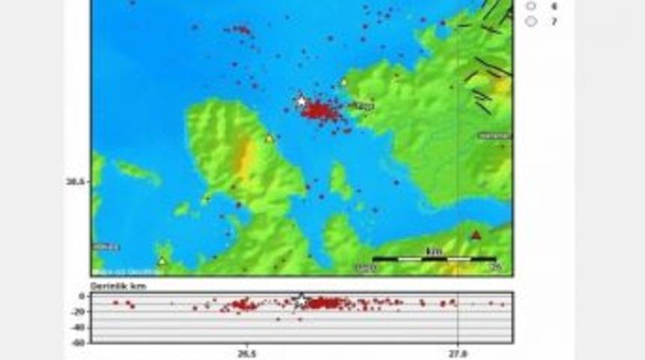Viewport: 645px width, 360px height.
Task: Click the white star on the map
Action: click(301, 100)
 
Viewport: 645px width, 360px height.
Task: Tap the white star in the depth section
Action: click(301, 298)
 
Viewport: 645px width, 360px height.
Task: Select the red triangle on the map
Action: click(475, 235)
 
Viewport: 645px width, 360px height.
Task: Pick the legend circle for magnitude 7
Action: click(532, 21)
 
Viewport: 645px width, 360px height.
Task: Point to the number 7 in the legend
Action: click(553, 22)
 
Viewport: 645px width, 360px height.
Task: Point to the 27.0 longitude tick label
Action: click(457, 352)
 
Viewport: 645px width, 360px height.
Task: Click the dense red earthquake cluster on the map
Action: click(320, 112)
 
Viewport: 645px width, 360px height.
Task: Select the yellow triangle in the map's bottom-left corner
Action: click(161, 260)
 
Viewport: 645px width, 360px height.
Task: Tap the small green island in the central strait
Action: click(341, 182)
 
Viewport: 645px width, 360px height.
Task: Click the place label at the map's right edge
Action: click(496, 136)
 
